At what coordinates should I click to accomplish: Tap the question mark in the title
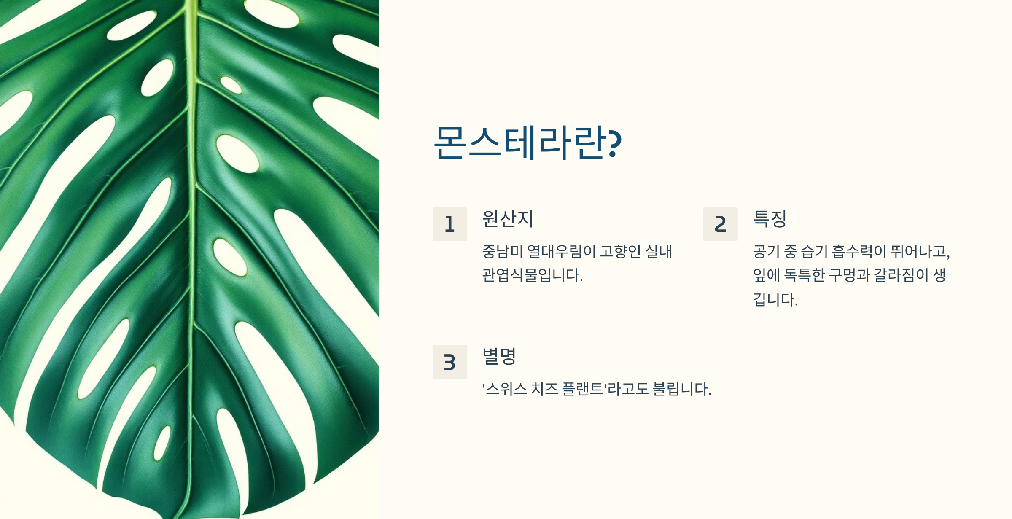coord(615,143)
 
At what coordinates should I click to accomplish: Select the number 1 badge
coord(449,224)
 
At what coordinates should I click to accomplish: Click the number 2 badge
coord(720,224)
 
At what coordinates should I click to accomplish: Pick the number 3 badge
coord(449,362)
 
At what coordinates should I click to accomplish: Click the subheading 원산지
coord(508,219)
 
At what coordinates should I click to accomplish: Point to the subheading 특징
coord(770,219)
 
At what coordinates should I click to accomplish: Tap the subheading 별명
coord(499,356)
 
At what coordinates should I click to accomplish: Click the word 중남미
coord(502,252)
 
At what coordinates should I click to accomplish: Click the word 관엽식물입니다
coord(532,275)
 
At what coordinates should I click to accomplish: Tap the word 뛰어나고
coord(919,252)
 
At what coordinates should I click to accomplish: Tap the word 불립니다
coord(681,389)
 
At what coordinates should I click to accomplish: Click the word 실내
coord(658,252)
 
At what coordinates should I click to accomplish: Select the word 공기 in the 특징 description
coord(766,252)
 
